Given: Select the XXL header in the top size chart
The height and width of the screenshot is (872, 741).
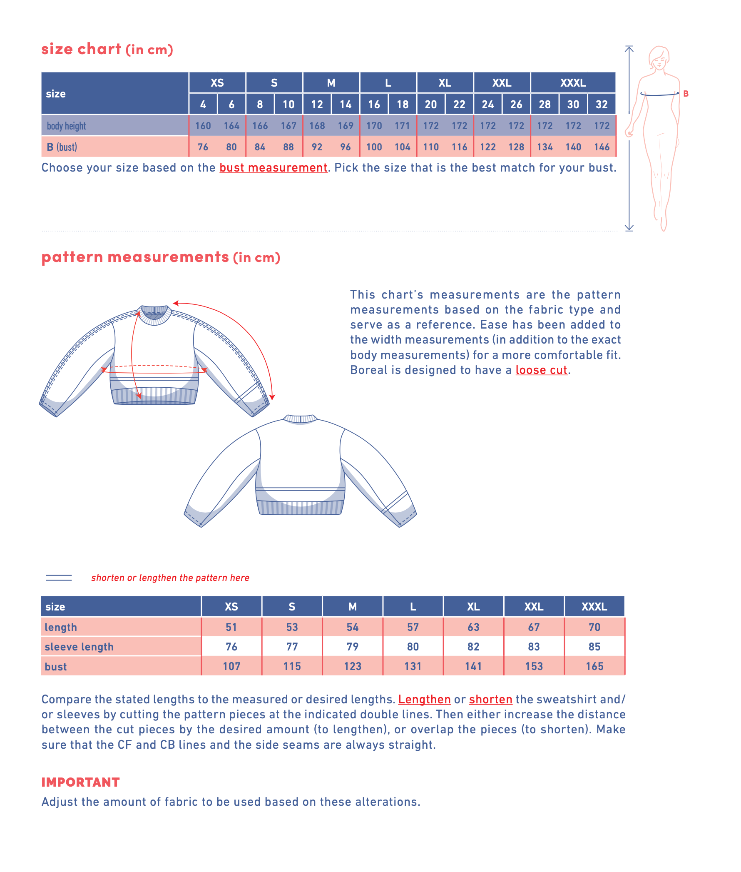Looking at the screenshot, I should (x=502, y=83).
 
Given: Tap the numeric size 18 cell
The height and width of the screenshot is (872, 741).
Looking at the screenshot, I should (x=403, y=104).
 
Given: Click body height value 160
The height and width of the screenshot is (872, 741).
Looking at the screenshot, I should (x=203, y=126).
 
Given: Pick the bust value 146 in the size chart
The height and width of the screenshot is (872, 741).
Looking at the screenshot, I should (x=602, y=147).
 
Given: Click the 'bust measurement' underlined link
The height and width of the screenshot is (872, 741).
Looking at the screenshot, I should (x=273, y=168).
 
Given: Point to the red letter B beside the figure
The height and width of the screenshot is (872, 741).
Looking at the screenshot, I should (x=686, y=94).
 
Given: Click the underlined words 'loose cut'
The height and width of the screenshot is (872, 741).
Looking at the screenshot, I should (x=541, y=370).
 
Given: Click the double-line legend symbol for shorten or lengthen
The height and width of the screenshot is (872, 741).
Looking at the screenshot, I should (x=59, y=578).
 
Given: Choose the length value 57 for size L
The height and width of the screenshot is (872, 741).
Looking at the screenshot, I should (x=413, y=627).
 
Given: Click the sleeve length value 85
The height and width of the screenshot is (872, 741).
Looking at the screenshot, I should (x=594, y=646).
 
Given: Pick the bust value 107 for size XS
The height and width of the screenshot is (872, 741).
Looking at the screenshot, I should (x=231, y=666).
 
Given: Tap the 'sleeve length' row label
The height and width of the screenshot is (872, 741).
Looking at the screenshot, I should (x=79, y=647).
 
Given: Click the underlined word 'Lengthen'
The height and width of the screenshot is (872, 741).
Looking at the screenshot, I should (x=424, y=699).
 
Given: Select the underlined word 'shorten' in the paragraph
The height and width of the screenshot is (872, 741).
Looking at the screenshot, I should (x=490, y=699).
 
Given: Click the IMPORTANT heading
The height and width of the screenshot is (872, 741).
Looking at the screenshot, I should (x=81, y=782).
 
